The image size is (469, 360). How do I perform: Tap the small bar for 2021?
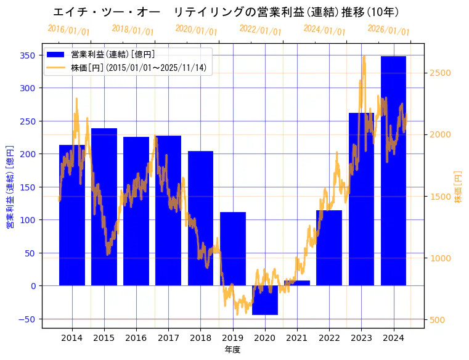click(x=297, y=283)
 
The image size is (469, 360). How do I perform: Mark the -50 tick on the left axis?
click(x=28, y=319)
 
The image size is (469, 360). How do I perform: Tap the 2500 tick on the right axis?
click(x=441, y=73)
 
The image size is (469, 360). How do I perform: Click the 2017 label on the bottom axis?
click(x=168, y=338)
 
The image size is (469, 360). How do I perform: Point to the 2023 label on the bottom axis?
click(x=361, y=338)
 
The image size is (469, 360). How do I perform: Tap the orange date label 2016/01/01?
click(x=68, y=30)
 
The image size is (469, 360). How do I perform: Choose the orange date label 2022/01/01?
click(x=260, y=30)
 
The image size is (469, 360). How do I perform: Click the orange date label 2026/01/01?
click(x=388, y=30)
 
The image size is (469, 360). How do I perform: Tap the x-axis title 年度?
click(x=232, y=350)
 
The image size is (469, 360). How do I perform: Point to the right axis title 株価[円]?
click(x=458, y=187)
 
